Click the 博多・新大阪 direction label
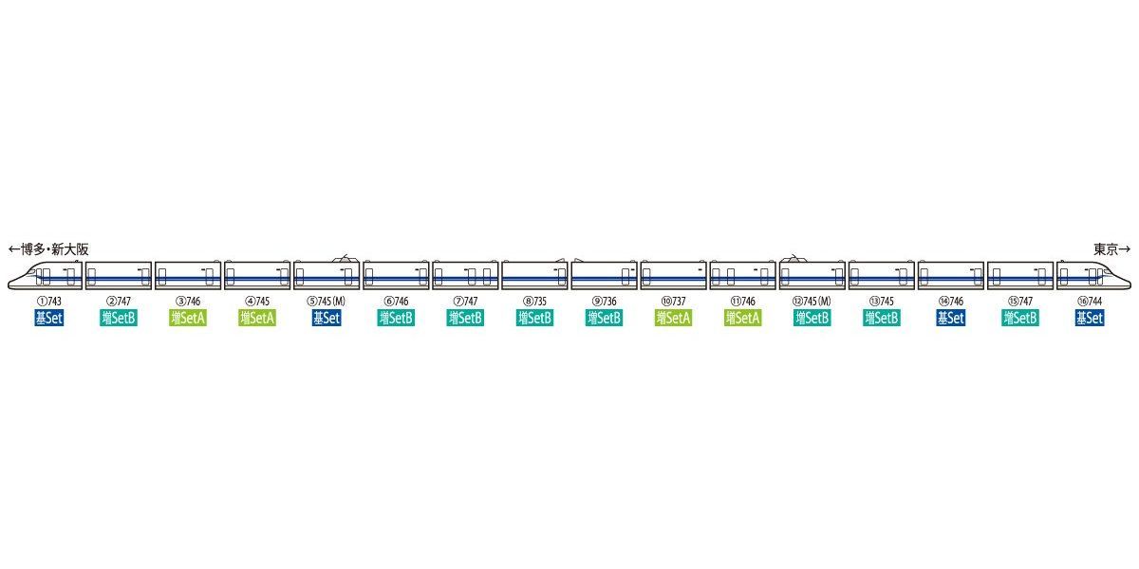[48, 249]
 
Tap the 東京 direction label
[1112, 249]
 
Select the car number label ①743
[49, 302]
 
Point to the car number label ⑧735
[535, 302]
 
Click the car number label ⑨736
[604, 302]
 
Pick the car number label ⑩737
[673, 302]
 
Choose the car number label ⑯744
[1090, 302]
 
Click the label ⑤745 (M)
[327, 302]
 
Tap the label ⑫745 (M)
[812, 302]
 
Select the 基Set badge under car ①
[49, 318]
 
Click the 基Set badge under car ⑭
[951, 318]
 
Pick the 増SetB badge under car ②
[119, 318]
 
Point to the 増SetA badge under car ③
[188, 318]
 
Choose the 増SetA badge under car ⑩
[673, 318]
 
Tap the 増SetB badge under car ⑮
[1020, 318]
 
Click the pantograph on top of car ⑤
[345, 259]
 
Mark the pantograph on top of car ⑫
[794, 259]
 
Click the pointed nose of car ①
[9, 285]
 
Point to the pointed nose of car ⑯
[1130, 285]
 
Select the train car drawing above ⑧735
[535, 275]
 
